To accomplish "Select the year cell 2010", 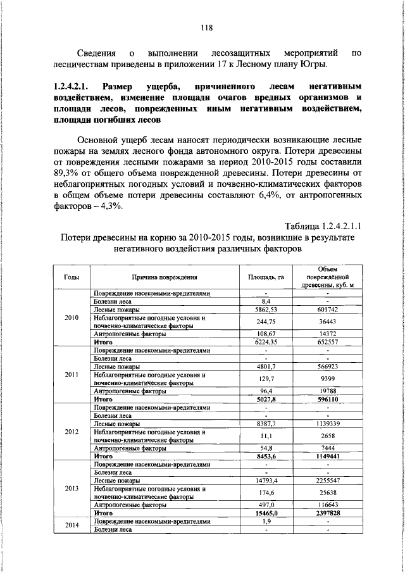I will tap(72, 317).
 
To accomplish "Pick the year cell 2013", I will tap(72, 489).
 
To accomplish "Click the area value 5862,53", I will tap(266, 309).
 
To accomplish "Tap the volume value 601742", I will tap(327, 309).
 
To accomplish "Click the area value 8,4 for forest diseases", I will tap(266, 301).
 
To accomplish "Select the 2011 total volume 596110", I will tap(327, 400).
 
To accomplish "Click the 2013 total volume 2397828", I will tap(327, 513).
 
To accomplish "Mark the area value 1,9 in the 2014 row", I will tap(266, 521).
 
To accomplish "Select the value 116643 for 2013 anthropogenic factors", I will tap(327, 505).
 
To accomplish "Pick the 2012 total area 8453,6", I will tap(266, 457).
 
